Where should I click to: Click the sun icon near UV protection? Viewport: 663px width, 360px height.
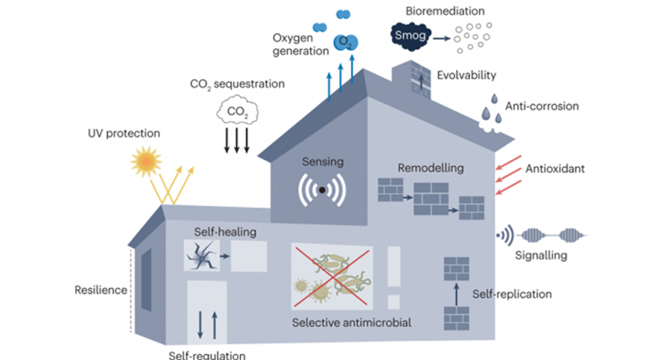(146, 161)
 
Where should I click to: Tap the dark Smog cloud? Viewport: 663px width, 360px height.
(410, 36)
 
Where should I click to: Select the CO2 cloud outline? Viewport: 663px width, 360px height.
(237, 110)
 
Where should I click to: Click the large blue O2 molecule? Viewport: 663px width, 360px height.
(346, 42)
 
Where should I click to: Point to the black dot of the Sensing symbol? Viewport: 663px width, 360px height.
(322, 190)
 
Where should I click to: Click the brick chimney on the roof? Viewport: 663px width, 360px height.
(412, 80)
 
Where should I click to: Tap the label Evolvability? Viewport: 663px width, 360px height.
(466, 75)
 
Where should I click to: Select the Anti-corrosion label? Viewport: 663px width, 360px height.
(542, 106)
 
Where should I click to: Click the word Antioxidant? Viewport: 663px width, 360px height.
(555, 169)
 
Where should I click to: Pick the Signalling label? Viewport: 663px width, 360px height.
(541, 255)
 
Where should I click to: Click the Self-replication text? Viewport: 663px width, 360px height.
(512, 294)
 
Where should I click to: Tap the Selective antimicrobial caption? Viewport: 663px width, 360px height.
(351, 323)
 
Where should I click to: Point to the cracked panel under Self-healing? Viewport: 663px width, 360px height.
(202, 256)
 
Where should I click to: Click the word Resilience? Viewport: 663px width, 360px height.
(101, 290)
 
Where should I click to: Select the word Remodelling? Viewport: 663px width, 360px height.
(430, 168)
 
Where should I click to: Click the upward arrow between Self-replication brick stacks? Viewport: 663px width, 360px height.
(456, 294)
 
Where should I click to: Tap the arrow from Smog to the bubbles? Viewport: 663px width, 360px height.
(442, 38)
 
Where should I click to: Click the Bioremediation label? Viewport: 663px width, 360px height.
(445, 11)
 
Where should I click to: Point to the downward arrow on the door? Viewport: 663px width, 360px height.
(201, 325)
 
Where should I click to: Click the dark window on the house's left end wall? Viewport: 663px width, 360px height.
(146, 280)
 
